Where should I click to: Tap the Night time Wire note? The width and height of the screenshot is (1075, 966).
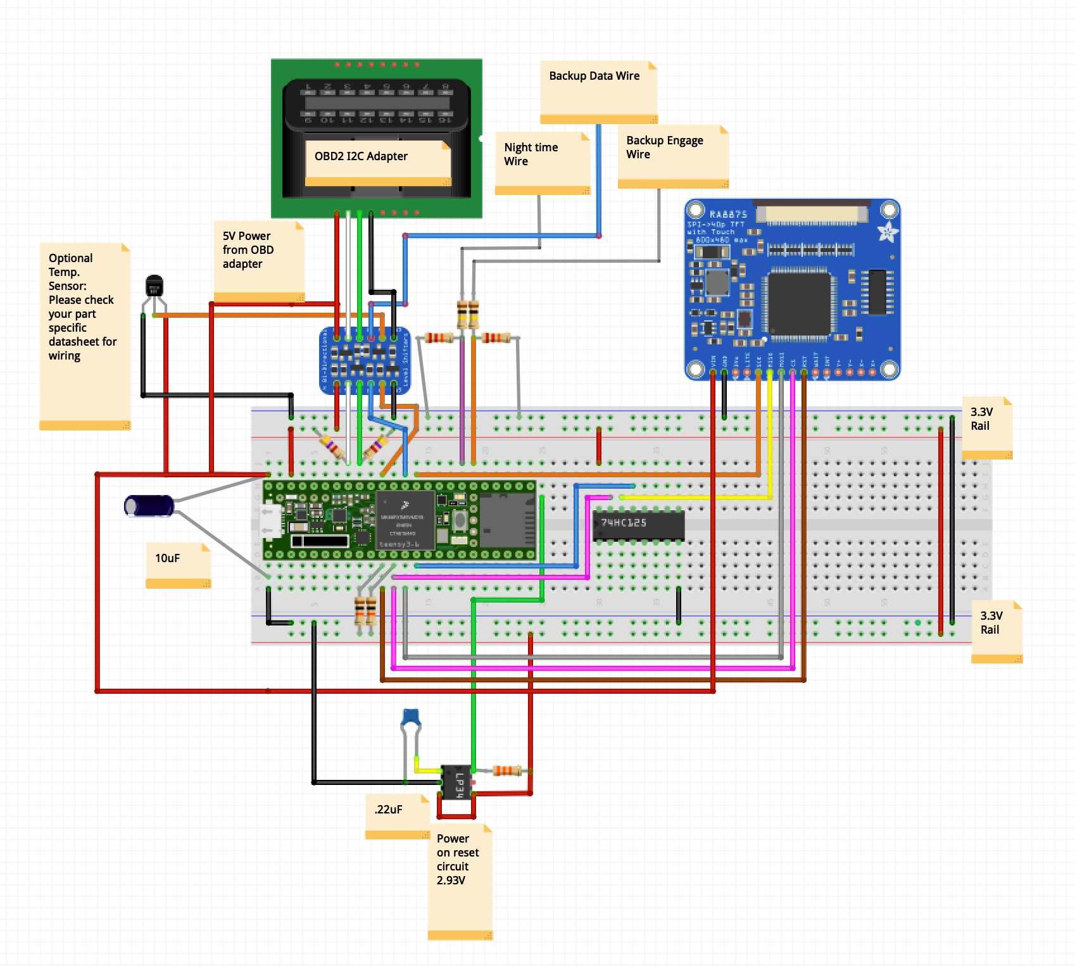[542, 162]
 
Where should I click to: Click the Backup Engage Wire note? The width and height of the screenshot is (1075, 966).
[672, 155]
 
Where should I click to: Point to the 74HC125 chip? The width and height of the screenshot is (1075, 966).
[638, 525]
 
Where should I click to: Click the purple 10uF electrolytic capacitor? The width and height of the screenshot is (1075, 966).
[149, 506]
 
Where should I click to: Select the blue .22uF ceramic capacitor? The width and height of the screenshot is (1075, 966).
[412, 717]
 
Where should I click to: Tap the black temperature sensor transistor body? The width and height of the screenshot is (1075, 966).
[154, 285]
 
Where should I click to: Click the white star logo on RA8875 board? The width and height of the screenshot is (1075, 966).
[887, 232]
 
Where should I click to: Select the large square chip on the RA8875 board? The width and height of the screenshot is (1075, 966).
[798, 303]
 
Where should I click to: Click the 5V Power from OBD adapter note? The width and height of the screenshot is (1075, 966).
[258, 260]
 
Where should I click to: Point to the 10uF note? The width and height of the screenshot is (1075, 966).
[178, 564]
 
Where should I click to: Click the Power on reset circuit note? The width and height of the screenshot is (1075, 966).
[460, 881]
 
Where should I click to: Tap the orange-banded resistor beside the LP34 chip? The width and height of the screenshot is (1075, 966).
[506, 770]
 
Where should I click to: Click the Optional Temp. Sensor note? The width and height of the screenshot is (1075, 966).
[84, 335]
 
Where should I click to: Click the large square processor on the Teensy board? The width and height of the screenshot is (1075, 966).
[405, 520]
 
